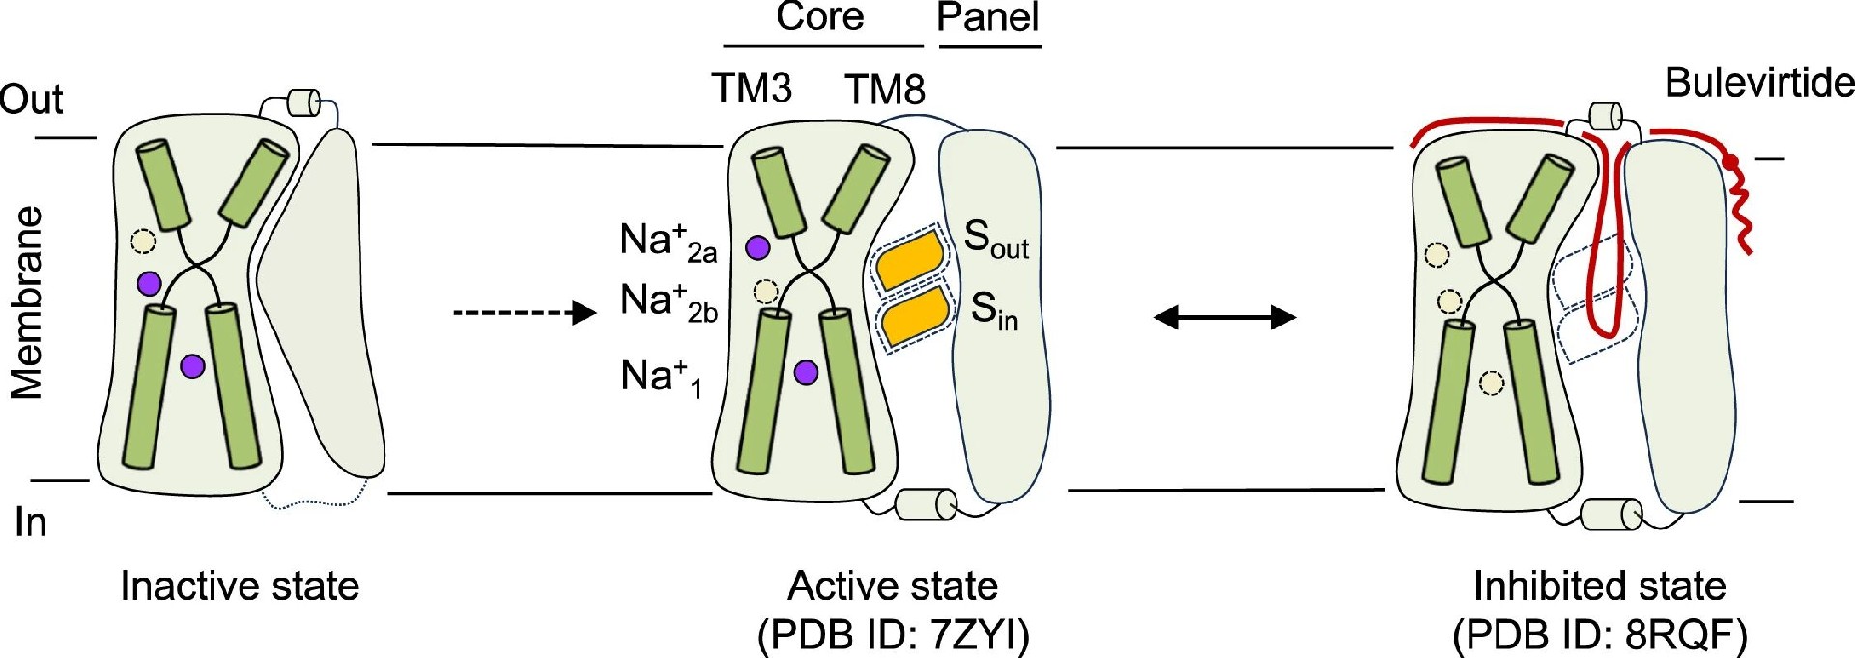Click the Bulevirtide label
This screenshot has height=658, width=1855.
[x=1758, y=83]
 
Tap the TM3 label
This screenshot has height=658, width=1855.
[x=752, y=89]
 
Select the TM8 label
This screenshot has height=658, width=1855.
[x=885, y=90]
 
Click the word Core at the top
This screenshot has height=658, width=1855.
[x=819, y=17]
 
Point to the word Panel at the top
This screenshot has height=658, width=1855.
[x=987, y=17]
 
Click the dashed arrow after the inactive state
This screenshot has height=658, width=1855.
[x=525, y=313]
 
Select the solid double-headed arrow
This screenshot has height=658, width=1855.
[x=1224, y=317]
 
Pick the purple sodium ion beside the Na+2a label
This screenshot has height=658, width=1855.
[x=758, y=247]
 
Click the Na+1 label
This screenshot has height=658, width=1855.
[x=661, y=377]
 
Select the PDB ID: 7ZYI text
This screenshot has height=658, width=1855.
[x=894, y=636]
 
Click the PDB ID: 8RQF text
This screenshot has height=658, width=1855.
[x=1599, y=636]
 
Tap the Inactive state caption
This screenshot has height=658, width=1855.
[x=240, y=586]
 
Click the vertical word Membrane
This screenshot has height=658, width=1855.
[x=27, y=302]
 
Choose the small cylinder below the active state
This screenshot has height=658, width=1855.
[x=926, y=504]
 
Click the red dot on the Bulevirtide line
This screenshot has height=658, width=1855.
[x=1732, y=161]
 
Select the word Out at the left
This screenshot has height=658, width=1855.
[x=31, y=100]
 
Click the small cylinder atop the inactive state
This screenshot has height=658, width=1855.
[x=304, y=102]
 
